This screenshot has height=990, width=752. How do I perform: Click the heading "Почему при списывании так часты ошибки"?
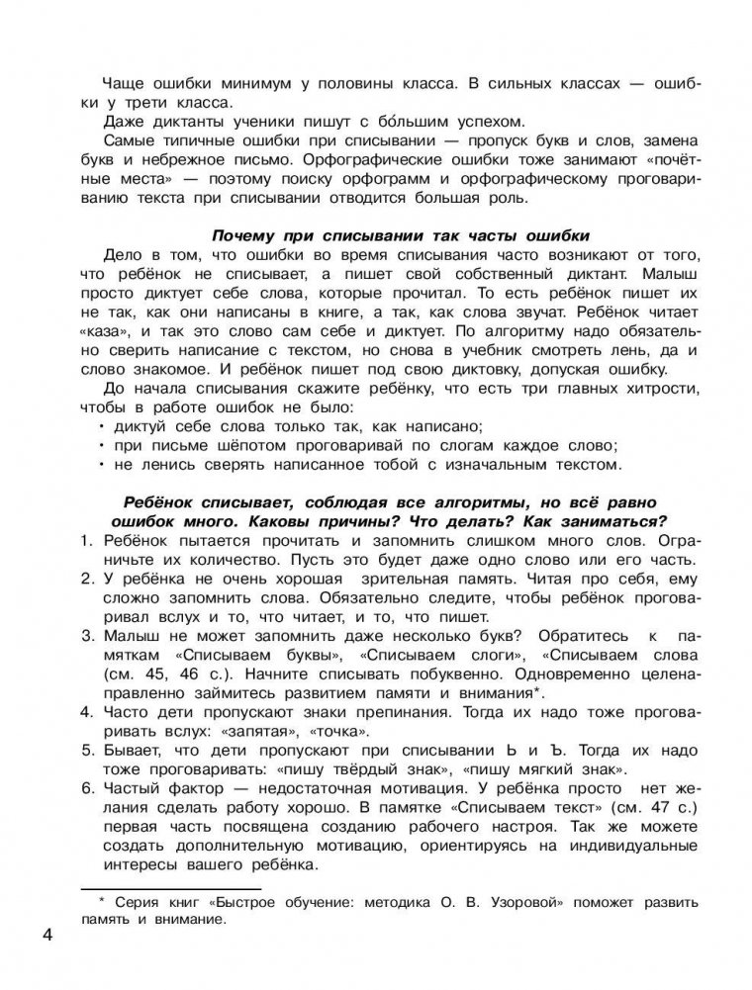[x=400, y=234]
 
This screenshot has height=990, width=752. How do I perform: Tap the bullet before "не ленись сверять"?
[x=102, y=464]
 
